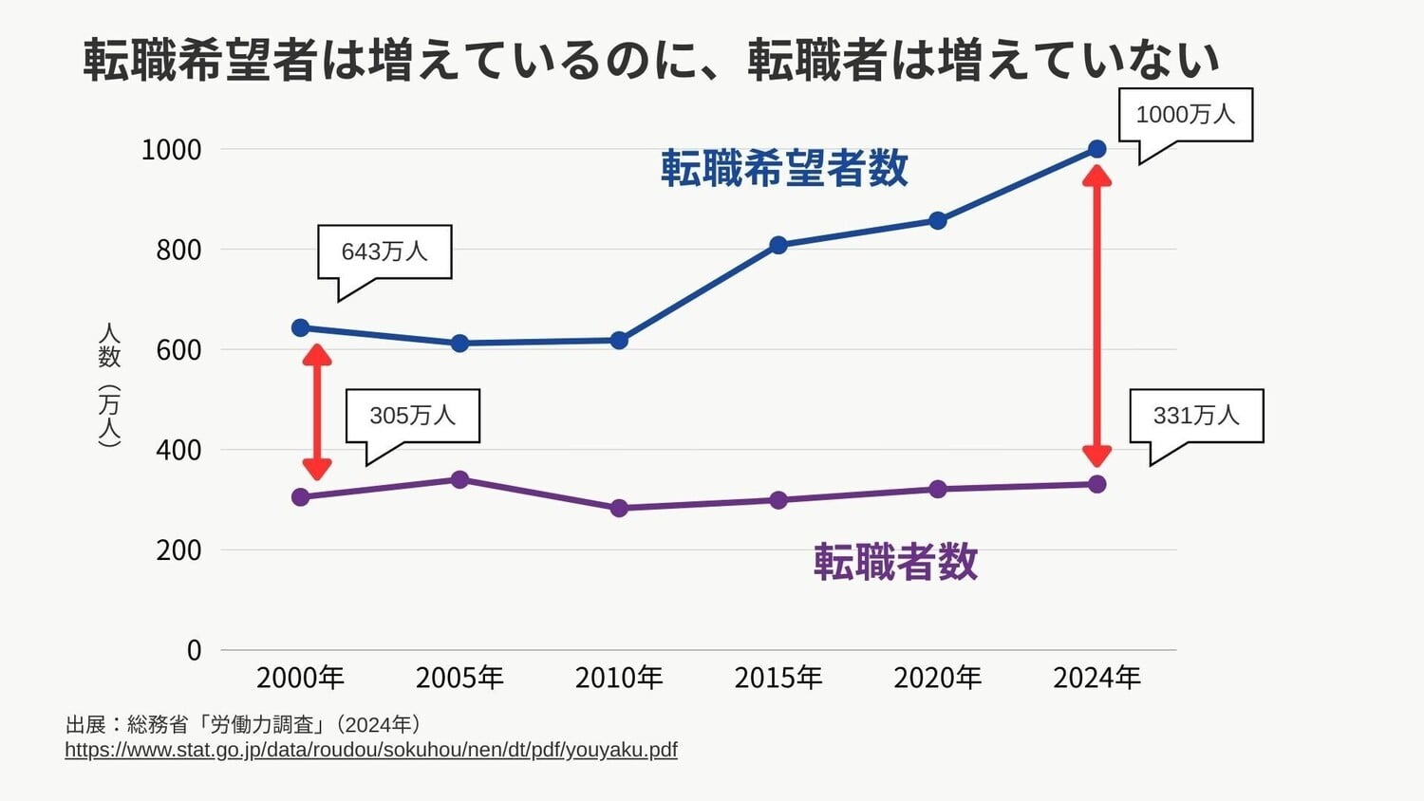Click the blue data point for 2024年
click(x=1096, y=149)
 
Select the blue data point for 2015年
click(x=778, y=245)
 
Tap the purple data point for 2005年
click(x=459, y=479)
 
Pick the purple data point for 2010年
click(x=619, y=508)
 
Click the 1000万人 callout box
click(x=1185, y=115)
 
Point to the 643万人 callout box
click(x=384, y=251)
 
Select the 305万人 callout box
click(x=412, y=416)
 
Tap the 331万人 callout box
click(x=1196, y=416)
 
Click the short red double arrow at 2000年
click(x=317, y=412)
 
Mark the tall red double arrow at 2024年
click(x=1096, y=316)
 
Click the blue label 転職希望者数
click(x=784, y=168)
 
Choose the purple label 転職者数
click(x=895, y=562)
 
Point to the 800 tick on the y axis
click(x=178, y=250)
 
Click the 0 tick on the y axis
click(x=194, y=650)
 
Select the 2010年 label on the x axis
click(x=619, y=678)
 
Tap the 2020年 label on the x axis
click(x=937, y=678)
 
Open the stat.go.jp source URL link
click(x=371, y=750)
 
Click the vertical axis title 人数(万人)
click(x=110, y=384)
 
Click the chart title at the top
click(x=651, y=59)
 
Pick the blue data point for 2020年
click(x=937, y=221)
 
